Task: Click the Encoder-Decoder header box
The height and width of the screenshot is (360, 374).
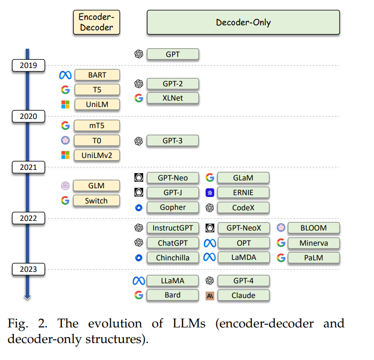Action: (x=97, y=22)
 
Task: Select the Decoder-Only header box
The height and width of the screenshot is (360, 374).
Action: (x=243, y=22)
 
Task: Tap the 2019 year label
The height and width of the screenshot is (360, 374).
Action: (x=28, y=65)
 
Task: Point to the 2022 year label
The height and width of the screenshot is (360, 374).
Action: (x=28, y=218)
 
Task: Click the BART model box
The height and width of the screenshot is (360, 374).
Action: (x=97, y=75)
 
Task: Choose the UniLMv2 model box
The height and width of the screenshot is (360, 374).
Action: (x=97, y=155)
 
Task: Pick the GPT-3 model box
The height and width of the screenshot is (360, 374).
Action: (x=173, y=141)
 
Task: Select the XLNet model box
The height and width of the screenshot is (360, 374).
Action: (x=173, y=98)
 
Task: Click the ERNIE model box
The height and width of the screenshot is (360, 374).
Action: (x=243, y=192)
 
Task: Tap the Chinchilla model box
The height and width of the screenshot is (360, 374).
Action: (x=173, y=258)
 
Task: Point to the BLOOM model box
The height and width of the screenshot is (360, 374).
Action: (x=313, y=228)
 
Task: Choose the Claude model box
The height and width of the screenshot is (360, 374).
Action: (x=243, y=295)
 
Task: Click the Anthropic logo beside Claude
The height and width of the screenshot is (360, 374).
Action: (x=210, y=296)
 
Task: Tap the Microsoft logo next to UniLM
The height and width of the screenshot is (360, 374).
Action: (x=65, y=105)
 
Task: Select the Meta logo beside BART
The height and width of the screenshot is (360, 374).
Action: (x=65, y=75)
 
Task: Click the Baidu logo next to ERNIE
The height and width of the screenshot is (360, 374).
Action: (x=210, y=193)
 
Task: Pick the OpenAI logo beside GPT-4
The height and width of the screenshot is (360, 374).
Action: (x=210, y=281)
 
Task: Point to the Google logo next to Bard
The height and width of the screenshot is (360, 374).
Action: (x=139, y=295)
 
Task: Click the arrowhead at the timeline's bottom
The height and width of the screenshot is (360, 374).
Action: (x=28, y=297)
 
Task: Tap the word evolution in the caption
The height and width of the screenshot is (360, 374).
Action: (x=115, y=323)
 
